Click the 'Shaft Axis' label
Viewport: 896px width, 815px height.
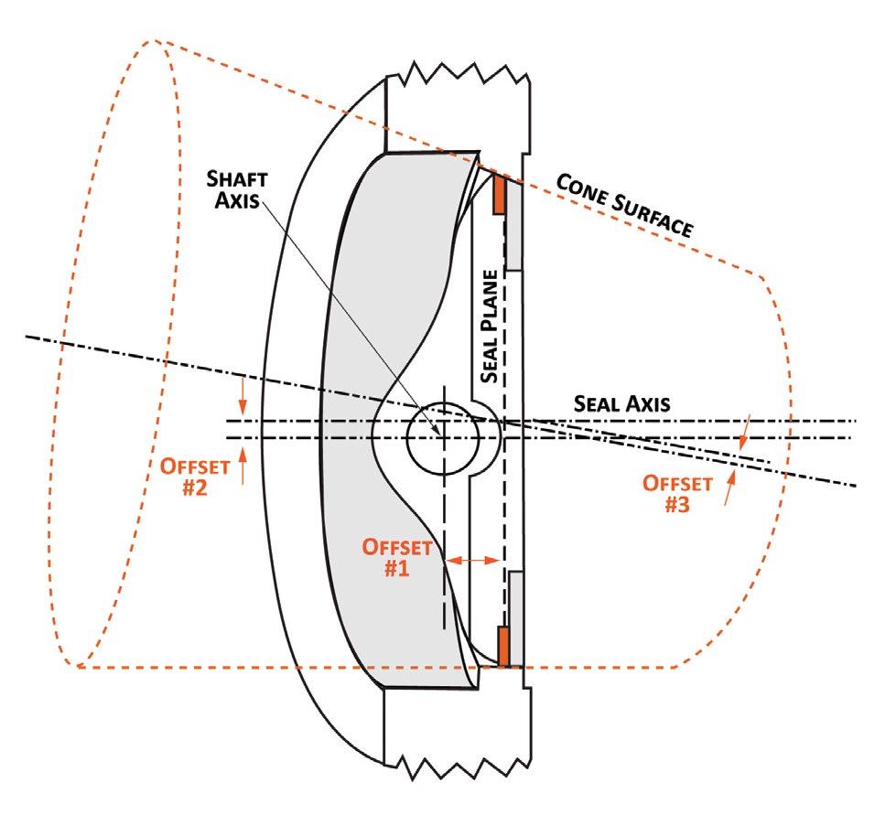pyautogui.click(x=234, y=188)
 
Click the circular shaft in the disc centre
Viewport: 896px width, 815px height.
pyautogui.click(x=443, y=437)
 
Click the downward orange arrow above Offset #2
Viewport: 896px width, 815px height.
pyautogui.click(x=242, y=395)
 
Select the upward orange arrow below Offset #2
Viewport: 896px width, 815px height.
pyautogui.click(x=242, y=468)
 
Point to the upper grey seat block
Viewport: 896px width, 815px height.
pyautogui.click(x=513, y=225)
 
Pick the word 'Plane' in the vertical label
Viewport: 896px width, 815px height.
pyautogui.click(x=490, y=302)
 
